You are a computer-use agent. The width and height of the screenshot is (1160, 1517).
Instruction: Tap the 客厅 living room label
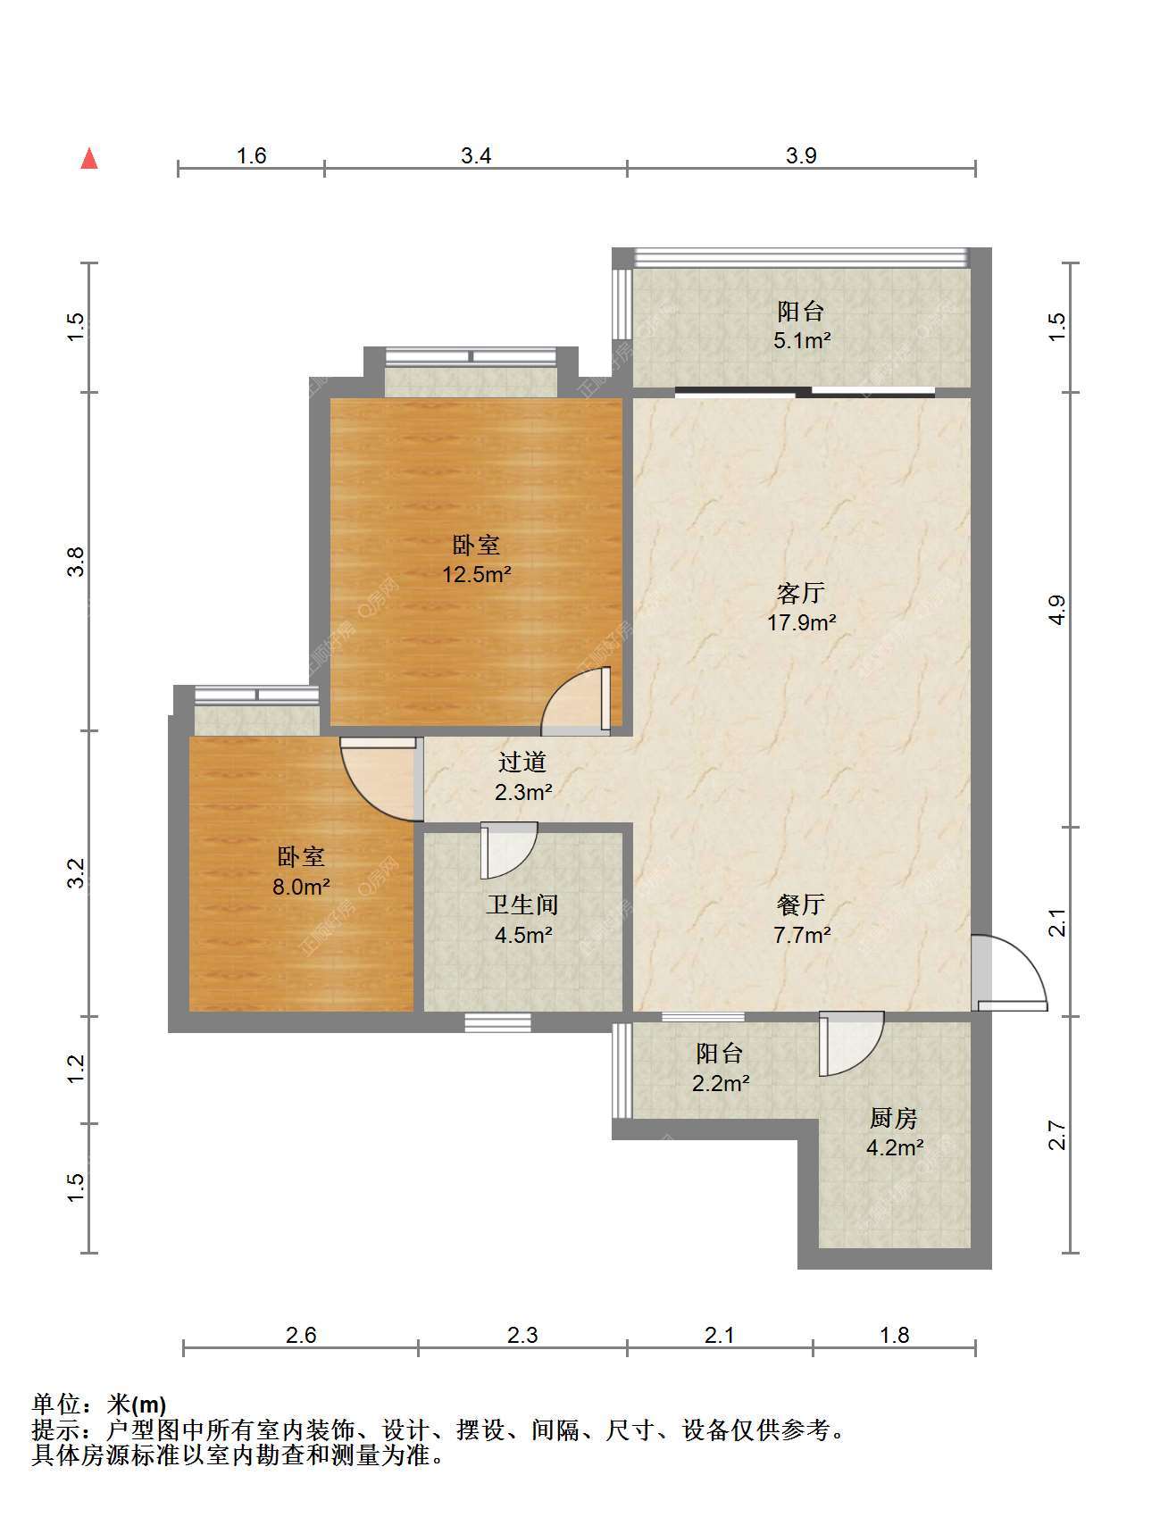click(x=801, y=593)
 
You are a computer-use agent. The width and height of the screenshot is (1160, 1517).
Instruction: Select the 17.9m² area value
click(x=802, y=622)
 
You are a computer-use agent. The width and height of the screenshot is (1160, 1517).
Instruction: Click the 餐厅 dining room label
click(x=801, y=904)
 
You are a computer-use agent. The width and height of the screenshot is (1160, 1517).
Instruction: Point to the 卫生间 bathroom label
click(x=522, y=904)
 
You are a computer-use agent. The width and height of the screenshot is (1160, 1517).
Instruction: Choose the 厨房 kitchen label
click(x=894, y=1118)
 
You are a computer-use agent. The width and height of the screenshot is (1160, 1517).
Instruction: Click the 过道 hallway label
click(x=522, y=762)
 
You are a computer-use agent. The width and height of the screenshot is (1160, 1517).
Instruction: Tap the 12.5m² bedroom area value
click(x=477, y=574)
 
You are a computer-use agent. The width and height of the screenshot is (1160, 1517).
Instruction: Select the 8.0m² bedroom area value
click(x=302, y=887)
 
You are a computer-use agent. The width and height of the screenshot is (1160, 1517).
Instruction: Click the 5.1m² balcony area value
click(x=802, y=340)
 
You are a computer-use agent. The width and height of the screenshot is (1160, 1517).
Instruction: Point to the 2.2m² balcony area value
click(x=720, y=1083)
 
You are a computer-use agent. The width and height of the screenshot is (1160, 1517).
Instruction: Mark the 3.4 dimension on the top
click(x=476, y=155)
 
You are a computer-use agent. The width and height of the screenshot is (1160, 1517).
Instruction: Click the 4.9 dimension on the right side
click(x=1056, y=610)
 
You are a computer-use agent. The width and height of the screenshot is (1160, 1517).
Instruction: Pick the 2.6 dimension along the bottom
click(x=301, y=1335)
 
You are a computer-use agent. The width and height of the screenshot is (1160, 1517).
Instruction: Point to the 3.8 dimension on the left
click(x=77, y=562)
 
